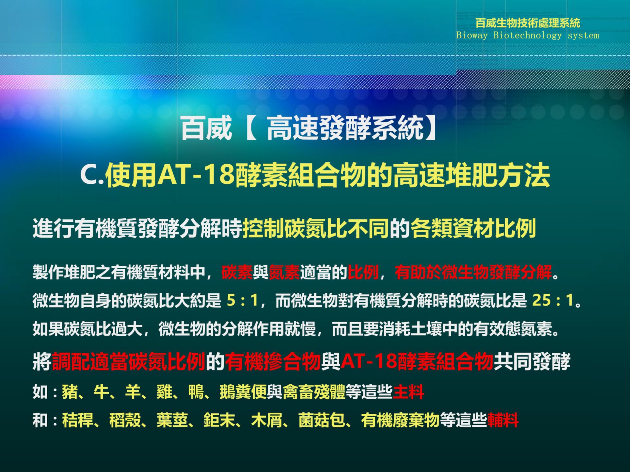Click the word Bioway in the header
coord(472,35)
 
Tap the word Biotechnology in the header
coord(527,35)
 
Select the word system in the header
coord(583,36)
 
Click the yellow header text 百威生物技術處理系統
coord(528,23)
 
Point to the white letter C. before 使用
coord(92,175)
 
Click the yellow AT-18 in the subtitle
coord(196,174)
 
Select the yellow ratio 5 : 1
coord(242,300)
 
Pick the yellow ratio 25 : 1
coord(553,300)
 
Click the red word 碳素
coord(237,272)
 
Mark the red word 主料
coord(408,392)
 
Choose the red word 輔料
coord(503,420)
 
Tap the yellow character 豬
coord(70,392)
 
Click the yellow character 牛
coord(101,392)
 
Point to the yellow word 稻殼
coord(125,420)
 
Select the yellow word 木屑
coord(267,420)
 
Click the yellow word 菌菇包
coord(322,420)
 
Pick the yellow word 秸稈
coord(78,420)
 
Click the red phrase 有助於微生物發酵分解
coord(473,272)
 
